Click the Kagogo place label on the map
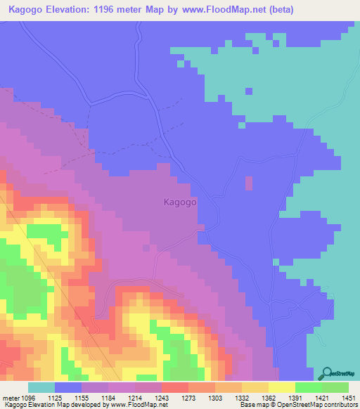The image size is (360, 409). point(179,201)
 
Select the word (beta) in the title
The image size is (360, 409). point(279,10)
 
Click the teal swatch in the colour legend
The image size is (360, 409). point(41,387)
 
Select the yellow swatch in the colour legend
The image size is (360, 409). point(281,387)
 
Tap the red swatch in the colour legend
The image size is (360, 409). point(174,387)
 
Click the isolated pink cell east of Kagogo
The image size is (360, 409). point(249,183)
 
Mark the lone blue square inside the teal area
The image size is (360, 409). point(248,91)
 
